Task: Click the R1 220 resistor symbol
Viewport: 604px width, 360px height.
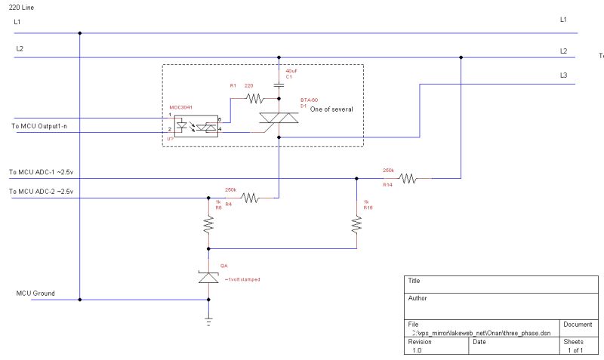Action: (255, 97)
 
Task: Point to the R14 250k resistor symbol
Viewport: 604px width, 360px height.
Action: (407, 178)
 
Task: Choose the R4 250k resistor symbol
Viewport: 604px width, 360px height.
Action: (250, 198)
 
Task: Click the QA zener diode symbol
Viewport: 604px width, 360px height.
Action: (208, 278)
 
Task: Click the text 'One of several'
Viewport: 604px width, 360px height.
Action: (331, 109)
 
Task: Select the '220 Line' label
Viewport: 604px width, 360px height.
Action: (20, 7)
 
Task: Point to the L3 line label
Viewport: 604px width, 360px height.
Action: (563, 75)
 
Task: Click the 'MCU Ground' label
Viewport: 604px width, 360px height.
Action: (35, 293)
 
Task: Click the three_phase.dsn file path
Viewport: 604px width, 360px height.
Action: (477, 332)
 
